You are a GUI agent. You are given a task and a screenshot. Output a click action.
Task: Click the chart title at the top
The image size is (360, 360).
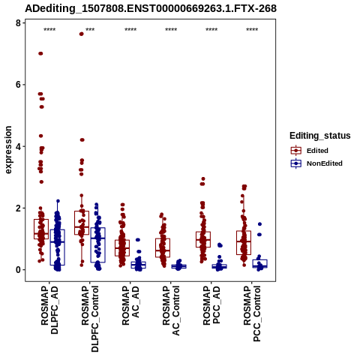[x=151, y=9]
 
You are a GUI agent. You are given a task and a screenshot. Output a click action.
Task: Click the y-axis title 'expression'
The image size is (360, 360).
[x=8, y=150]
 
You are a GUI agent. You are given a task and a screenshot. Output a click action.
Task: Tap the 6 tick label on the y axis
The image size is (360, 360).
[x=18, y=85]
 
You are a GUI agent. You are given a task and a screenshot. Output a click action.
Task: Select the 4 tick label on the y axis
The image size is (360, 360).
[x=18, y=146]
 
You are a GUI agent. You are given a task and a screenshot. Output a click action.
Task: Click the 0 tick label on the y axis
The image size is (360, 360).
[x=18, y=270]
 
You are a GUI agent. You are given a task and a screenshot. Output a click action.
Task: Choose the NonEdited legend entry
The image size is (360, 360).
[x=316, y=163]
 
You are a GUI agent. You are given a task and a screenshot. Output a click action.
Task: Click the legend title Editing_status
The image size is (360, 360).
[x=320, y=136]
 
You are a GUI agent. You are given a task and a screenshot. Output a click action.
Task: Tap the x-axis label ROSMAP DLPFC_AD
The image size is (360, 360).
[x=49, y=310]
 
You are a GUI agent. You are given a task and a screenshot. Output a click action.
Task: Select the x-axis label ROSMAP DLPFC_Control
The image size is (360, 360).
[x=90, y=319]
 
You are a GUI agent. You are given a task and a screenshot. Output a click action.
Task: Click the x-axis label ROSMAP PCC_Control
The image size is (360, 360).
[x=252, y=313]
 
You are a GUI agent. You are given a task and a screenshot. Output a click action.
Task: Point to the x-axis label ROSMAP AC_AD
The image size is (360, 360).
[x=130, y=305]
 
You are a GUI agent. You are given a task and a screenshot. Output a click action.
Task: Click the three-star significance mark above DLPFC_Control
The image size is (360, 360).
[x=90, y=30]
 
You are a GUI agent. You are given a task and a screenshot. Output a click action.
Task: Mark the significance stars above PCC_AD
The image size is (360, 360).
[x=211, y=30]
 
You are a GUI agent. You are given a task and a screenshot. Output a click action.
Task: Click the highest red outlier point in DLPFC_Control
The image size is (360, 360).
[x=81, y=34]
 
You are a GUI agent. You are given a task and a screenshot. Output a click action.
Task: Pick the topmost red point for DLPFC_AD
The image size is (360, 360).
[x=40, y=53]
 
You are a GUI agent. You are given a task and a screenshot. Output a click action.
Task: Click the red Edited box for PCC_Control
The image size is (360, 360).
[x=244, y=243]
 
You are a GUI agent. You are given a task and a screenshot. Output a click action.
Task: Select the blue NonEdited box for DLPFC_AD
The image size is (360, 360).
[x=58, y=247]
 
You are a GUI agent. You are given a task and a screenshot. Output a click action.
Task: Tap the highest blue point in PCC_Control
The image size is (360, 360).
[x=259, y=224]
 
